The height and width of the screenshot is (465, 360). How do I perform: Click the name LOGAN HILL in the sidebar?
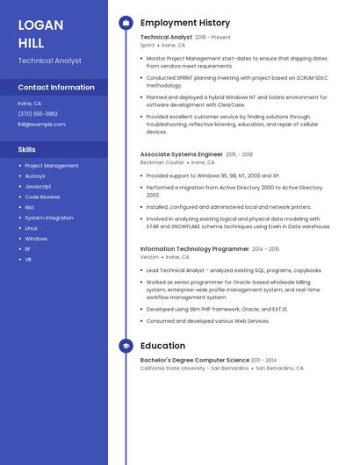[x=40, y=32]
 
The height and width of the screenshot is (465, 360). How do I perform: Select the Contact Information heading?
[x=56, y=87]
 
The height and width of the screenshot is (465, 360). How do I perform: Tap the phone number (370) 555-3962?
[x=38, y=113]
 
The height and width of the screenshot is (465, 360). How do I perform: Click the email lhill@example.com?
[x=41, y=124]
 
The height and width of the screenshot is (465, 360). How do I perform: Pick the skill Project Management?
[x=52, y=165]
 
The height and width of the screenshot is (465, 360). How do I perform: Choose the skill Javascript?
[x=38, y=186]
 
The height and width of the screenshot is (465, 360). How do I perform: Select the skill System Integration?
[x=49, y=218]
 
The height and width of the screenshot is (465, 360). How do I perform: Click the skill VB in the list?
[x=28, y=260]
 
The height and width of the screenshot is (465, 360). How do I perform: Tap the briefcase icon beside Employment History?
[x=126, y=23]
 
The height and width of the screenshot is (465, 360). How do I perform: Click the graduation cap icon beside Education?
[x=126, y=346]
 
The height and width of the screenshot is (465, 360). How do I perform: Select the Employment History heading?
[x=185, y=23]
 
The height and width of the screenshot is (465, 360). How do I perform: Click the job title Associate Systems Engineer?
[x=181, y=154]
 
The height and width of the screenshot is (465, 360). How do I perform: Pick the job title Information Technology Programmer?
[x=195, y=249]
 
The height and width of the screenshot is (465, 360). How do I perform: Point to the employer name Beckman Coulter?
[x=162, y=162]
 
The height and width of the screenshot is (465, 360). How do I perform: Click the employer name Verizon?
[x=149, y=257]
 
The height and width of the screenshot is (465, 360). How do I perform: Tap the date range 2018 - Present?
[x=213, y=38]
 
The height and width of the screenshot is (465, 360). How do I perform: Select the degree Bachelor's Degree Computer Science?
[x=195, y=360]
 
